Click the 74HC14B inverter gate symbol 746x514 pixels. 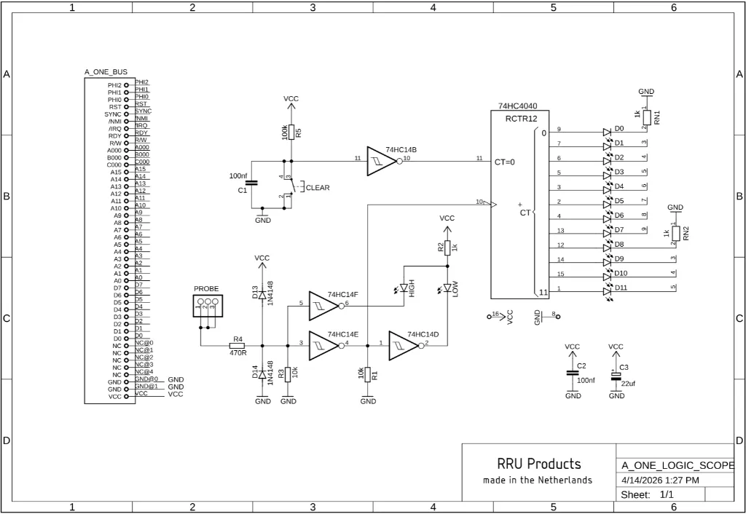[382, 162]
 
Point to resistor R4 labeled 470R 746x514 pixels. [237, 345]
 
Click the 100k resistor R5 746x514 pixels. [291, 132]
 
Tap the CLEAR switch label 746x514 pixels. [318, 188]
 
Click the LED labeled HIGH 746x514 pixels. [404, 289]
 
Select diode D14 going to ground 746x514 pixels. [262, 374]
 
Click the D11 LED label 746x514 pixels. [621, 288]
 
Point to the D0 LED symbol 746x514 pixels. [606, 132]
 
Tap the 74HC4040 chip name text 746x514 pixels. [518, 106]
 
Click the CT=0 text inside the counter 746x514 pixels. [504, 162]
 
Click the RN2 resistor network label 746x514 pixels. [686, 233]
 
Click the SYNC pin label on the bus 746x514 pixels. [113, 114]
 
